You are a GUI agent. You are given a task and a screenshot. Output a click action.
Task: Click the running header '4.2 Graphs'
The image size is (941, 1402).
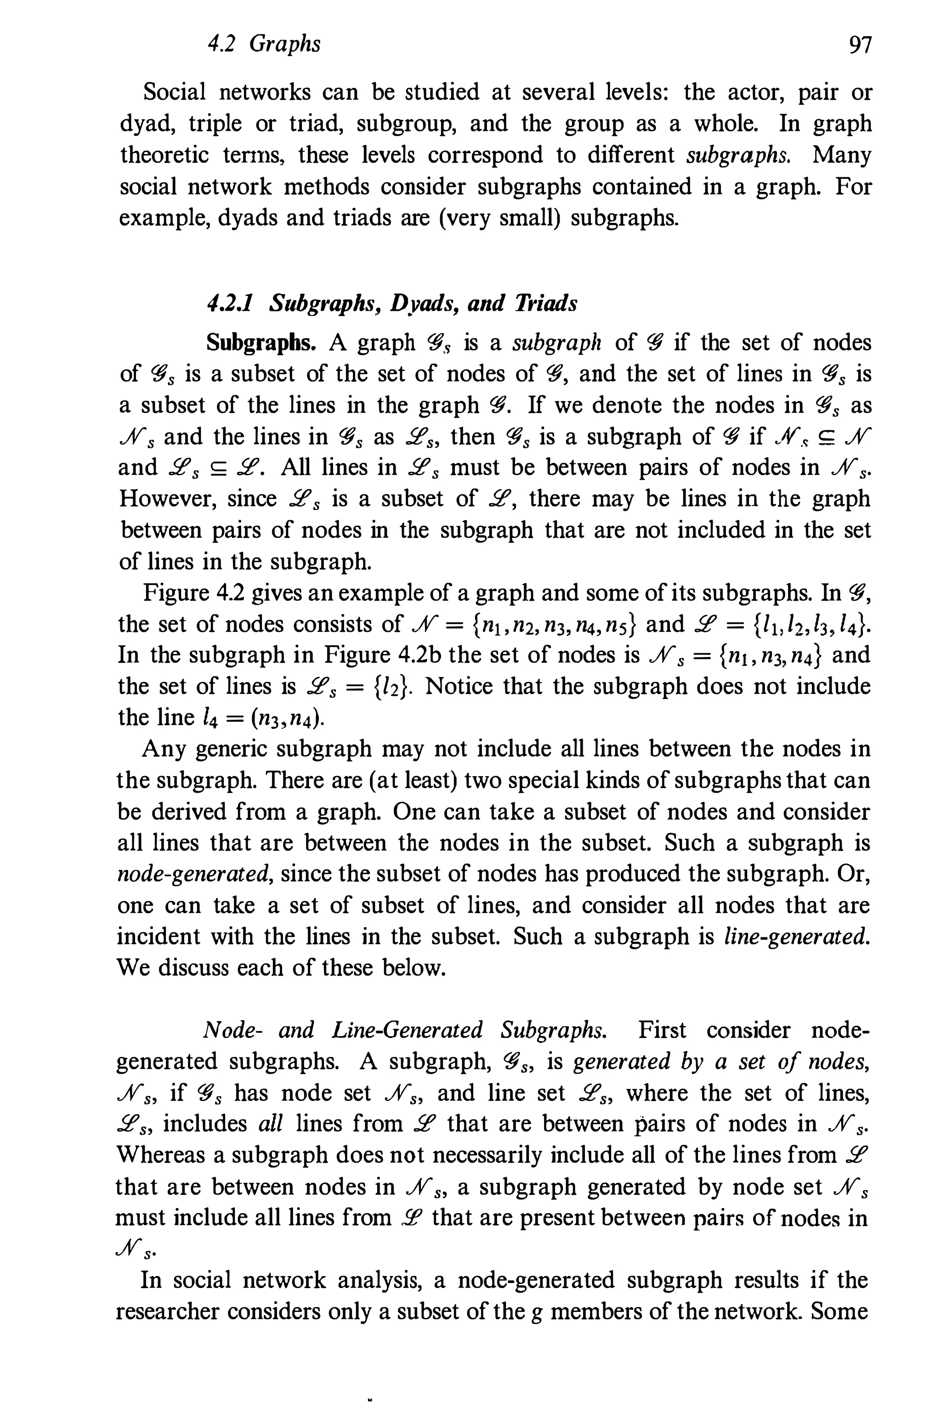tap(263, 44)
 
